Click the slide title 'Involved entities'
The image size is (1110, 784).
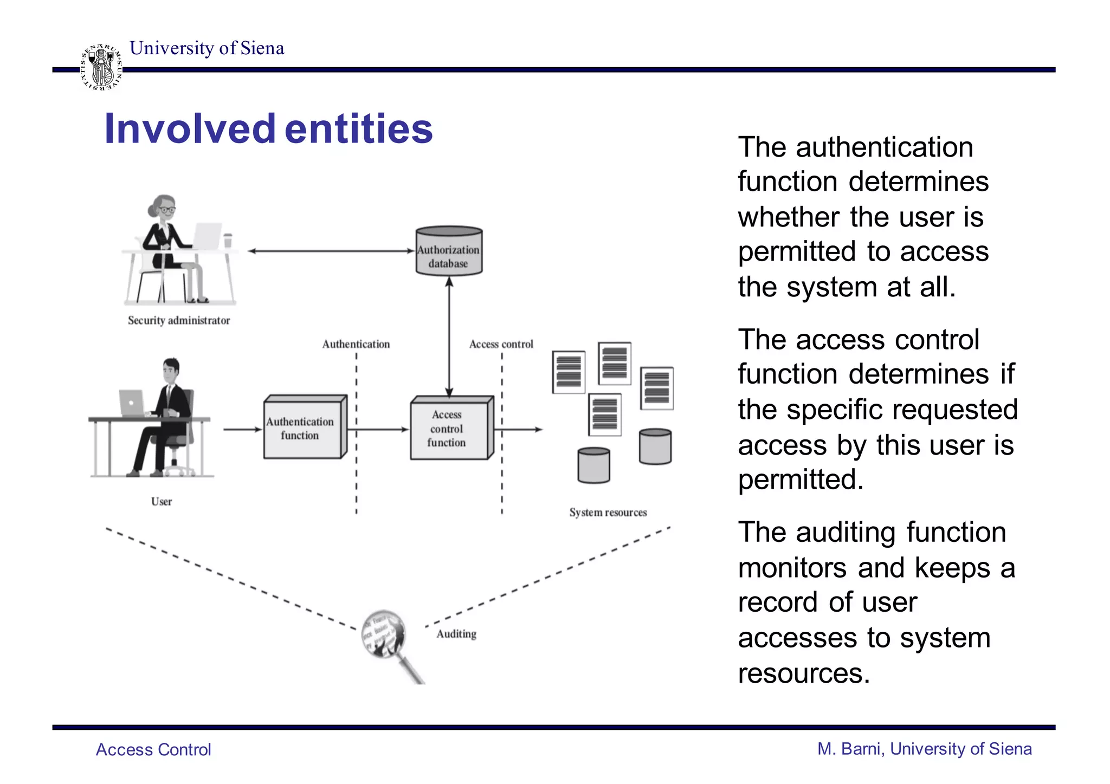coord(268,129)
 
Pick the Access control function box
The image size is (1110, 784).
coord(449,429)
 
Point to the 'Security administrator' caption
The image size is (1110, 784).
coord(179,320)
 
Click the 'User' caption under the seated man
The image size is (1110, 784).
coord(162,502)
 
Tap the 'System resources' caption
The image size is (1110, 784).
coord(608,513)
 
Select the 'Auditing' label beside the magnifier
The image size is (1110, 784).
coord(456,634)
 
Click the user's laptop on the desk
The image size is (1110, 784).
coord(132,403)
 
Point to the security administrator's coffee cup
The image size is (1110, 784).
coord(228,240)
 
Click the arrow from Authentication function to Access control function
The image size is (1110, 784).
coord(379,430)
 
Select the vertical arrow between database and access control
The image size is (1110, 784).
coord(449,336)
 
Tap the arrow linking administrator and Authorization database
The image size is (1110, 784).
coord(331,251)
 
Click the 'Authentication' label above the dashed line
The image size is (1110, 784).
coord(356,344)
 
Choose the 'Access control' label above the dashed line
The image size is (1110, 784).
coord(501,344)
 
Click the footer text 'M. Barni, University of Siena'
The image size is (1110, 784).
coord(924,749)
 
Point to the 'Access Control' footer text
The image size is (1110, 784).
coord(153,749)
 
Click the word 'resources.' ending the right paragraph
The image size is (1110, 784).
coord(803,673)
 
